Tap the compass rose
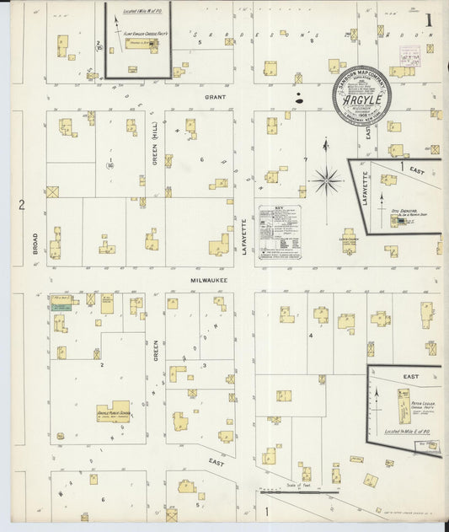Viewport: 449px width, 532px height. click(327, 180)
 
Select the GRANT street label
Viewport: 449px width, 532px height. click(210, 98)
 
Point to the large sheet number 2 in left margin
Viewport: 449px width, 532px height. click(23, 204)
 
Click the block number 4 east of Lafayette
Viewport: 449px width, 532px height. click(311, 335)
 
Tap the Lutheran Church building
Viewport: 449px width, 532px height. click(349, 245)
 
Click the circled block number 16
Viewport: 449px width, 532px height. click(110, 165)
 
